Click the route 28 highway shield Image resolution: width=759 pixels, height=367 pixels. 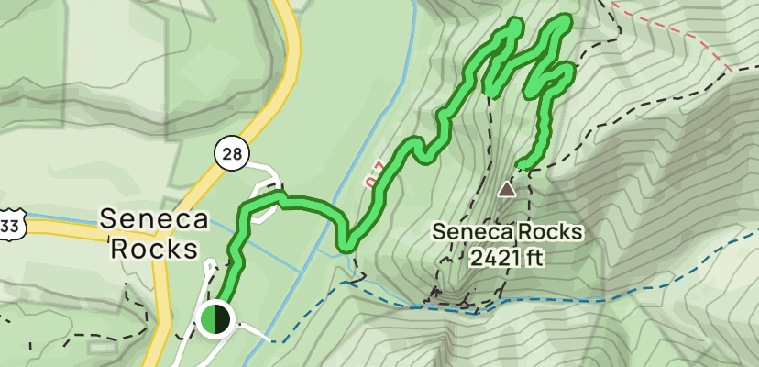pyautogui.click(x=233, y=153)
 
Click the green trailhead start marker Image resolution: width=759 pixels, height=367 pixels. pyautogui.click(x=214, y=319)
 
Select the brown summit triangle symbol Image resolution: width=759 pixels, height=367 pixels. pyautogui.click(x=506, y=190)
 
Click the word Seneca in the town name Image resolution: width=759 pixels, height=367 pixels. pyautogui.click(x=153, y=220)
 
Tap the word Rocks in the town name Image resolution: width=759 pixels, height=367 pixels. pyautogui.click(x=153, y=249)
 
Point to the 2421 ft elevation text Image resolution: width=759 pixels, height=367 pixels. pyautogui.click(x=507, y=258)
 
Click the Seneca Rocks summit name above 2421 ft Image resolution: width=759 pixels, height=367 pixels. pyautogui.click(x=508, y=232)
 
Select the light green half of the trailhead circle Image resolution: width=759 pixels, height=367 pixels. pyautogui.click(x=208, y=319)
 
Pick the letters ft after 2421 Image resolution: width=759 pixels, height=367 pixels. pyautogui.click(x=534, y=258)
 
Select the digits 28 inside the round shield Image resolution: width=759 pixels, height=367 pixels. pyautogui.click(x=233, y=153)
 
